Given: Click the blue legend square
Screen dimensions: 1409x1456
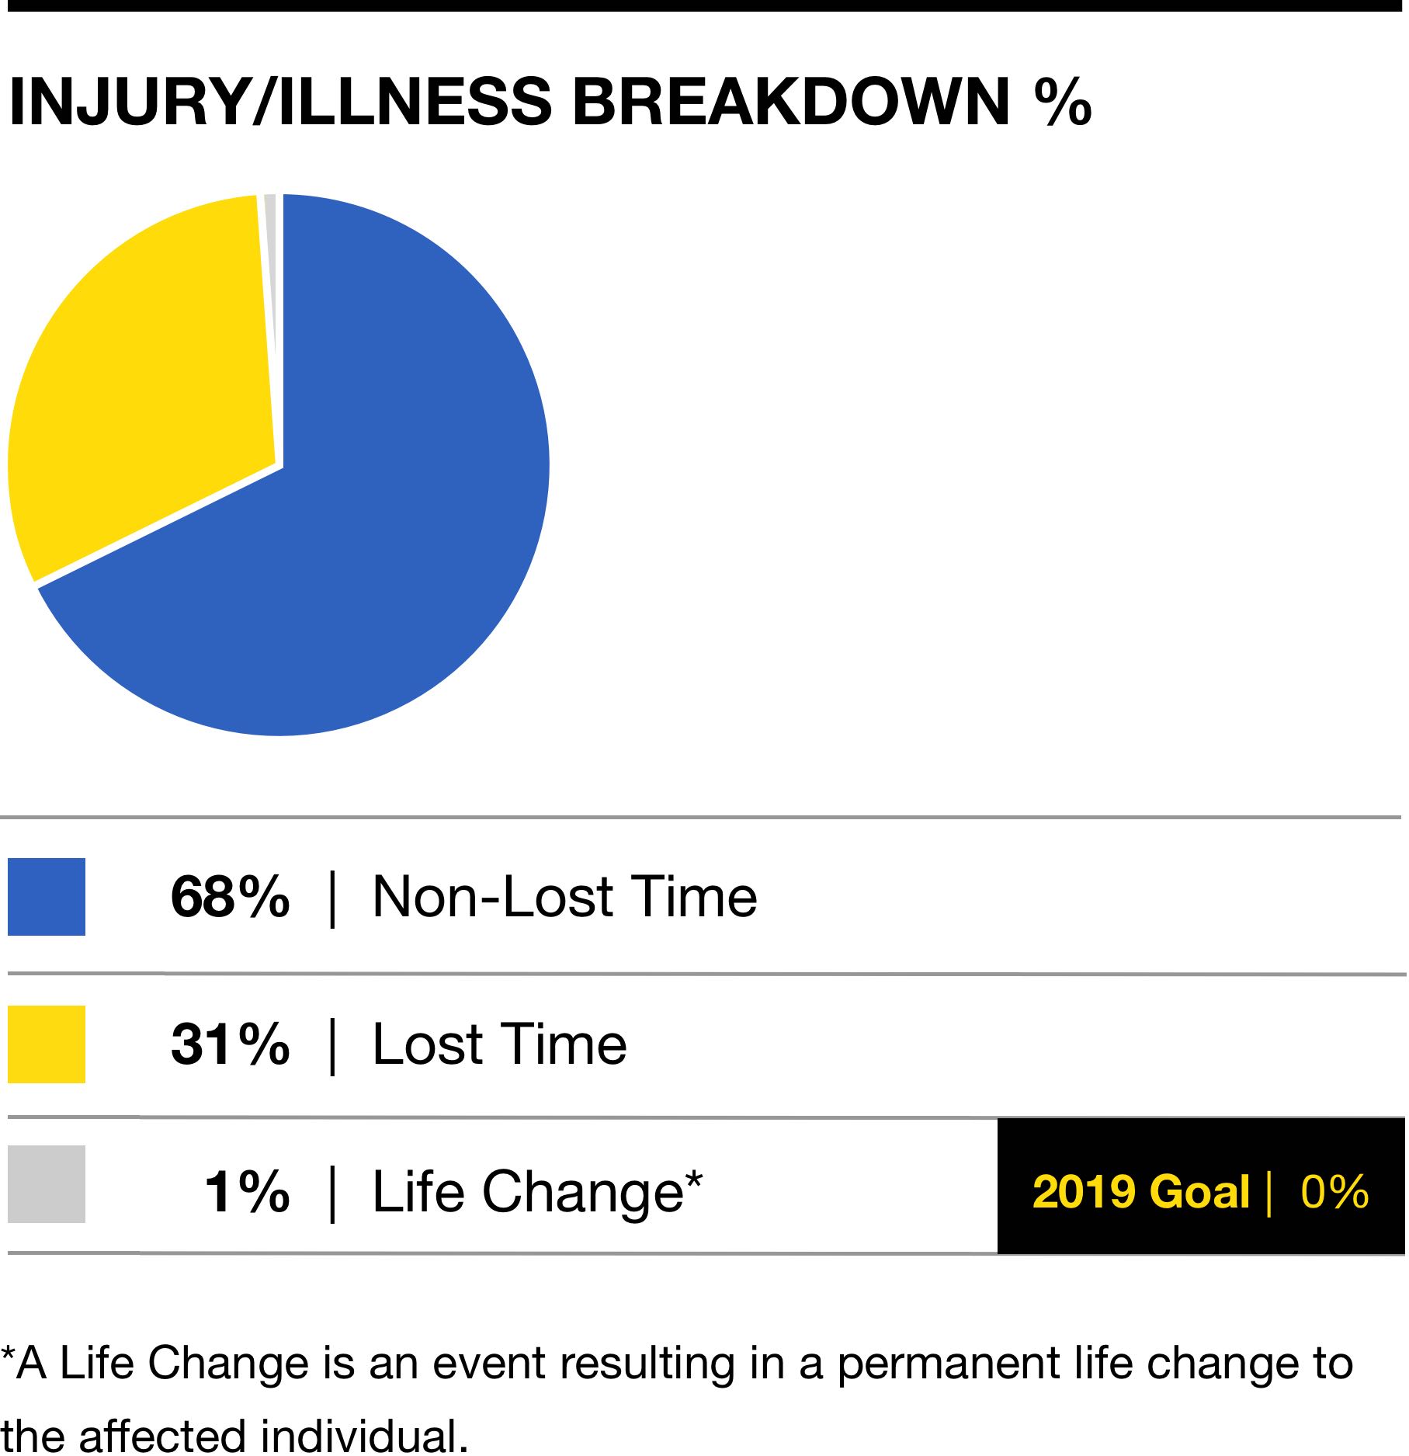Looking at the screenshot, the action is tap(47, 897).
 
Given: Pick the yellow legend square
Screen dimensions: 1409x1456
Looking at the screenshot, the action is tap(47, 1044).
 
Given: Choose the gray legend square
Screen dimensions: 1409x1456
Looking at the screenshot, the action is tap(47, 1184).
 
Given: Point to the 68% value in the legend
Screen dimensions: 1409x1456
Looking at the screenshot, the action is tap(231, 897).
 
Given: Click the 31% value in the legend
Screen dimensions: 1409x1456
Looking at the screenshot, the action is tap(231, 1044).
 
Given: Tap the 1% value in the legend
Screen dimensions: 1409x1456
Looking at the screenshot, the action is tap(247, 1192).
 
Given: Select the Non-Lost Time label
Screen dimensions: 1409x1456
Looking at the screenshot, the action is tap(564, 897).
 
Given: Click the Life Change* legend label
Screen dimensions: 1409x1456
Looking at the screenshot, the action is tap(537, 1194).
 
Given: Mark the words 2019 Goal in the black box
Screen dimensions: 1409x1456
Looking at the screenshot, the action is tap(1140, 1192).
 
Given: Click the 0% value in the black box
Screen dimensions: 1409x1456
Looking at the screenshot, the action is tap(1334, 1192).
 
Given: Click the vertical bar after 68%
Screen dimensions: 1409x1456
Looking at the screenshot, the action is tap(333, 899).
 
